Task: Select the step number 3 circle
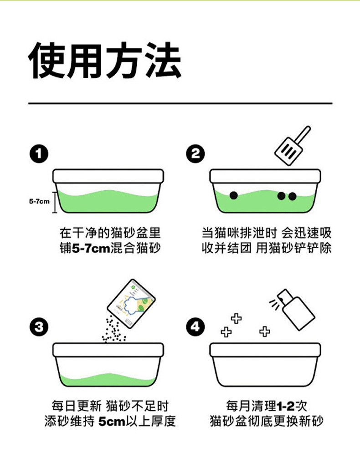coord(39,327)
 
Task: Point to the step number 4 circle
coord(195,327)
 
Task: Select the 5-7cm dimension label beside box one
coord(39,201)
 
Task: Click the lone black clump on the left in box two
coord(233,195)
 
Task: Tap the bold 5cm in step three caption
coord(111,421)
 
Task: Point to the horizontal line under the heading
coord(180,103)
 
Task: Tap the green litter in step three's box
coord(108,380)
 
